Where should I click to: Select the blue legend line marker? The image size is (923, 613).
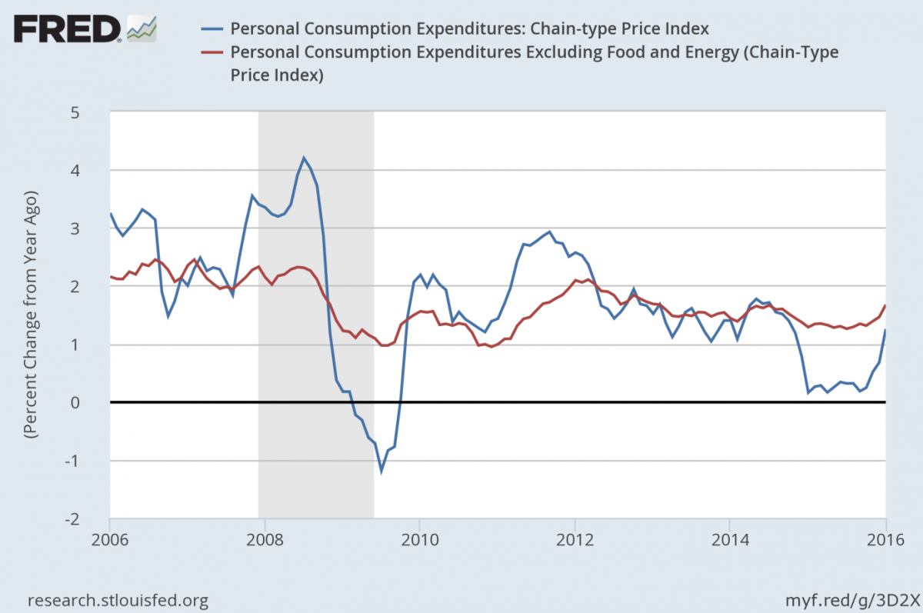212,28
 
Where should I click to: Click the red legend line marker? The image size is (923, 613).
212,52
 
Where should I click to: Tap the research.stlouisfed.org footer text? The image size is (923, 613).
118,599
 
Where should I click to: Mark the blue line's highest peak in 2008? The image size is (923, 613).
304,158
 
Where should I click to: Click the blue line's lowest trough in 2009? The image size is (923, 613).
381,471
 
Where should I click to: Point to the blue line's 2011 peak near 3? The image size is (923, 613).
549,232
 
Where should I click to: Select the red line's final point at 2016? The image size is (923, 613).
885,305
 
